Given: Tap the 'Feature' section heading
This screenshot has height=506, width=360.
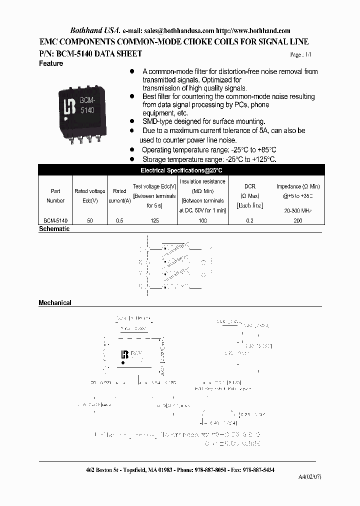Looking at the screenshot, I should (51, 63).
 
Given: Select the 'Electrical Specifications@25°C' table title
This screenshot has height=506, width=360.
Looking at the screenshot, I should (180, 170).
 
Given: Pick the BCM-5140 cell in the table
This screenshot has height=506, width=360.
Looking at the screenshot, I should (55, 220).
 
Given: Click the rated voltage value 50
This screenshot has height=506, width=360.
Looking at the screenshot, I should (90, 220).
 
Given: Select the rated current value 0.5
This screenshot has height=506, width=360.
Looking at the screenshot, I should (119, 220).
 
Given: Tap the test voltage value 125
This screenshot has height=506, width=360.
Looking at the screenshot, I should (154, 220).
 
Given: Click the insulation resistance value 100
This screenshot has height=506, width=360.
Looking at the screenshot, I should (202, 220).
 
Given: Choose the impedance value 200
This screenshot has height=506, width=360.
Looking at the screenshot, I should (298, 220).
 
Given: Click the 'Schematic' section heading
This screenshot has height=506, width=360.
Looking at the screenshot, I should (54, 229).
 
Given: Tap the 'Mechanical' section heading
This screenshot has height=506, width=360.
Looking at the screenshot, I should (55, 302).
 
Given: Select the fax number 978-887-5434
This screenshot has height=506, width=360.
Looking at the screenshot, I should (256, 470).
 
